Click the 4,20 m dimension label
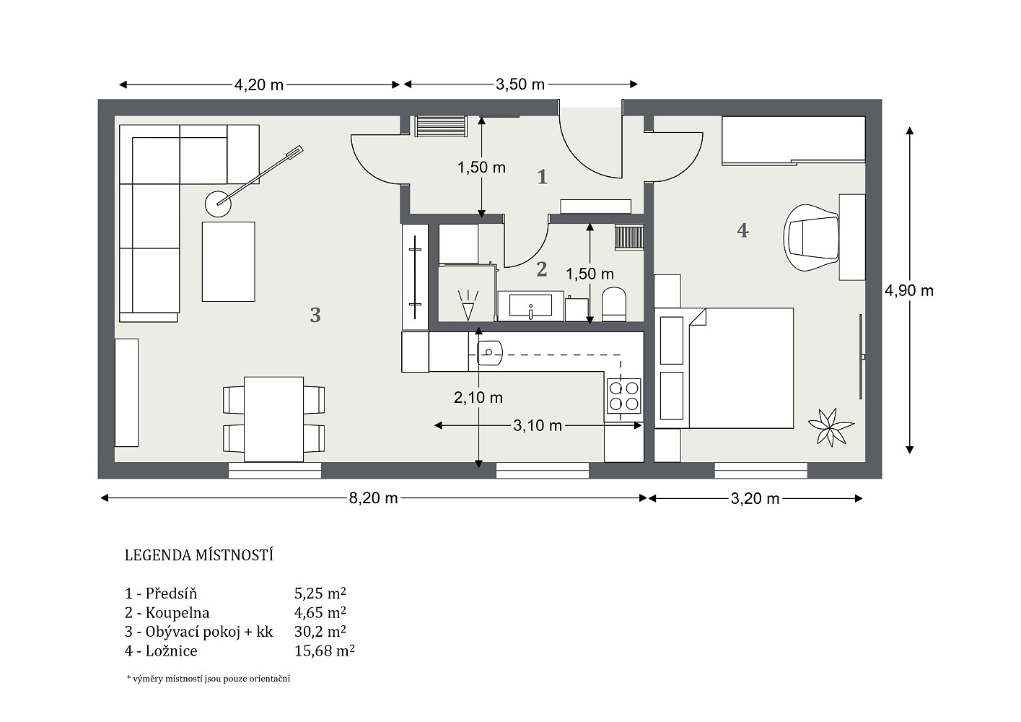tap(258, 84)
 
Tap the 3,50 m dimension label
tap(520, 84)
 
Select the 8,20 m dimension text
tap(373, 498)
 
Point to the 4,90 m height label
tap(909, 290)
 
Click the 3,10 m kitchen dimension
tap(538, 425)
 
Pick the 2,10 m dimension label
tap(478, 398)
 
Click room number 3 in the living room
tap(315, 316)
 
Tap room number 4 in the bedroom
tap(742, 230)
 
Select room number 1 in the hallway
tap(542, 177)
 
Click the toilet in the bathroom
tap(614, 304)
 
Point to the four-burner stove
tap(623, 396)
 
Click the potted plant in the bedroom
tap(831, 427)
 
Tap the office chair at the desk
tap(811, 238)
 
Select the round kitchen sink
tap(490, 353)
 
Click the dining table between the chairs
tap(273, 419)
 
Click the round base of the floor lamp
tap(218, 204)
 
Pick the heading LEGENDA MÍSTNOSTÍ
tap(199, 555)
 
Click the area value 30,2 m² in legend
tap(320, 631)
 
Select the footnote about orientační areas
tap(209, 679)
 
